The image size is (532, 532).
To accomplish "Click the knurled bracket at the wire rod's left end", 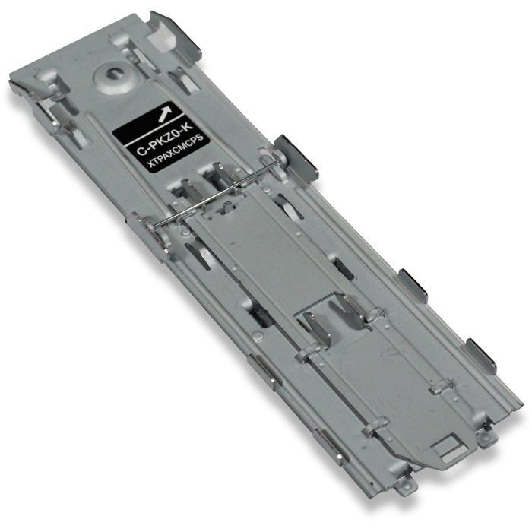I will [141, 223].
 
